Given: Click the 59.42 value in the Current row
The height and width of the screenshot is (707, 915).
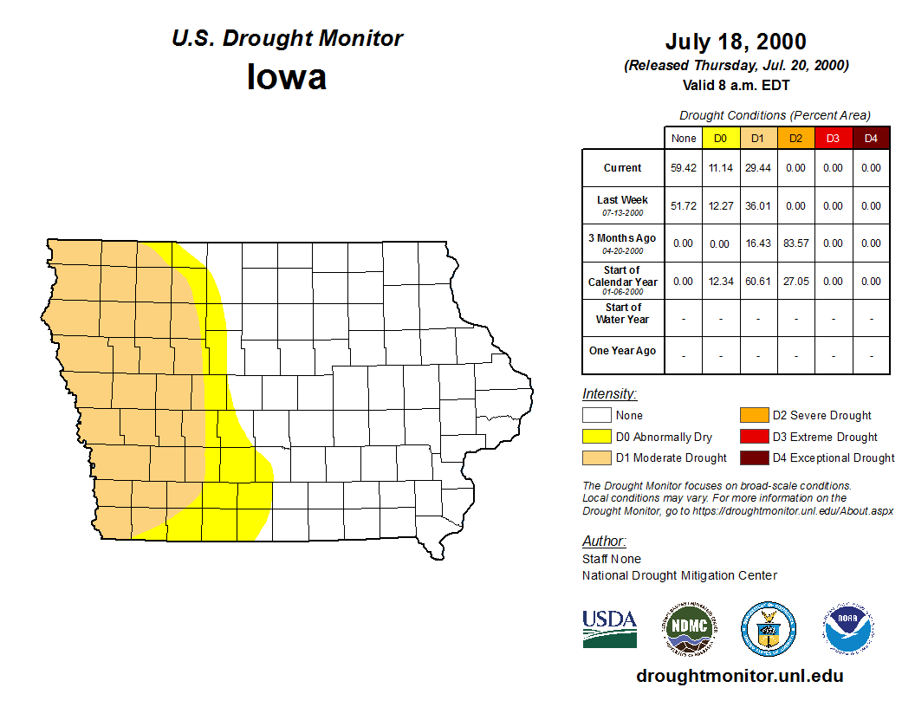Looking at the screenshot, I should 683,168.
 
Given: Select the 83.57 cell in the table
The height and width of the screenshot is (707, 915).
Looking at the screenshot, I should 795,243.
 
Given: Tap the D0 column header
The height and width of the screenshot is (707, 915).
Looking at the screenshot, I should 720,139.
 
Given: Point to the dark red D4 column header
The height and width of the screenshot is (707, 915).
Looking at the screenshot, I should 871,139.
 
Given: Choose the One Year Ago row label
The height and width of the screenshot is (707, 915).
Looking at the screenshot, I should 623,351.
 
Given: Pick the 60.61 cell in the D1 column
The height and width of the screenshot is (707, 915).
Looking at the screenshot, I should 758,282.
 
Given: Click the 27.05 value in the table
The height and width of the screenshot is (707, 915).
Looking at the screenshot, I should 795,282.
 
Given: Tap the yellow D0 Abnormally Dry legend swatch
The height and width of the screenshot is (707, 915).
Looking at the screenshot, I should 596,437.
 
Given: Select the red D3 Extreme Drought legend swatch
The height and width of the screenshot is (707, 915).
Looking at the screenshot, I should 753,437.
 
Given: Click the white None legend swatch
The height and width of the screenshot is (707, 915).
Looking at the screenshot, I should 596,416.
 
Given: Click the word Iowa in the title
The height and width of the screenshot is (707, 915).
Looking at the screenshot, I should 287,77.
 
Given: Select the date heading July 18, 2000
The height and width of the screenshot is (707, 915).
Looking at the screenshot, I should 736,42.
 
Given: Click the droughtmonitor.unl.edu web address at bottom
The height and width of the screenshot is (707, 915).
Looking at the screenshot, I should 739,676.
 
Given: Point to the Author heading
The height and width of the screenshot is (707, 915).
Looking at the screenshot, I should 603,542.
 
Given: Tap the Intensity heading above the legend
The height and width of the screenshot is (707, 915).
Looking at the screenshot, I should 609,394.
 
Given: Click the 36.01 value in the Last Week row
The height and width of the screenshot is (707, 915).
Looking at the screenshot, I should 758,206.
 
